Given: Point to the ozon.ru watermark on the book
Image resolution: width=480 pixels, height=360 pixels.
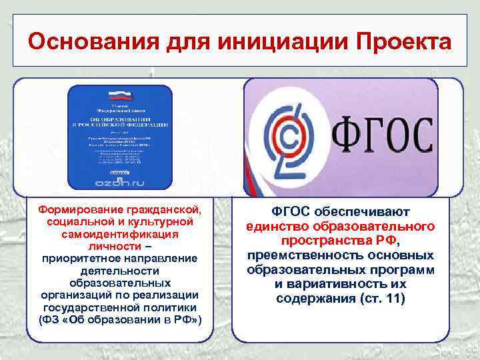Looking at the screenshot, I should click(x=121, y=181).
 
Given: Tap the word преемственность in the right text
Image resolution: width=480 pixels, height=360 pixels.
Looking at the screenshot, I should click(x=298, y=255).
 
